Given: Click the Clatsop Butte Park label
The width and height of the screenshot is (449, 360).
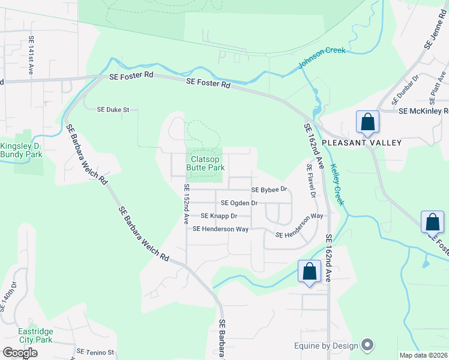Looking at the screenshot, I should point(207,163).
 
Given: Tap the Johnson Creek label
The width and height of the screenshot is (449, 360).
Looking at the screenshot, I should point(322,58).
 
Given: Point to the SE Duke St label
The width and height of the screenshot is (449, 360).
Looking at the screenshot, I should point(113,110).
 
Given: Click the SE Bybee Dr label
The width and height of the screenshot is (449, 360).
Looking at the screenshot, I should point(270,190).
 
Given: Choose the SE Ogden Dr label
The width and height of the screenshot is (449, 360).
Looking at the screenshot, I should point(239,203).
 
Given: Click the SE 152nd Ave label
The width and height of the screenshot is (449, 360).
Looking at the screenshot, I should point(187,204).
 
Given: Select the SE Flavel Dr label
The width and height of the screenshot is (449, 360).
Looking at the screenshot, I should point(311,181).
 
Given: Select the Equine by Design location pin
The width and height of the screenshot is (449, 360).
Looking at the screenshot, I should point(368,345).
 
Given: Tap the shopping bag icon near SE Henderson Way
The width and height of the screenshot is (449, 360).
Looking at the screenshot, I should point(309,271).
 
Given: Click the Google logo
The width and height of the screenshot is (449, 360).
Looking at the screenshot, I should point(20,353).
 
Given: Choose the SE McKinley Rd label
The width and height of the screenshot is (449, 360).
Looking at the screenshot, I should point(423,111).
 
